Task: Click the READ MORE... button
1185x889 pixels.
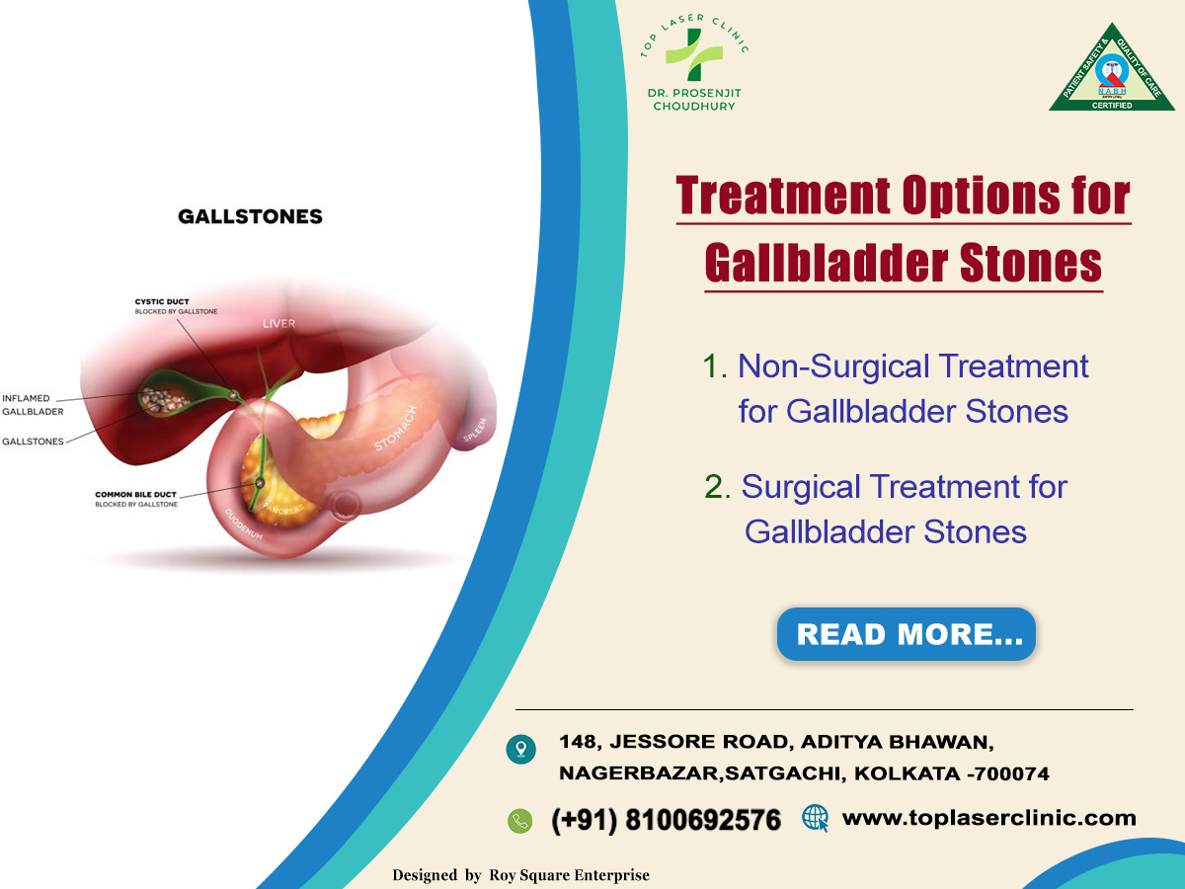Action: [x=907, y=634]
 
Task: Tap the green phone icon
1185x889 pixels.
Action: [x=519, y=820]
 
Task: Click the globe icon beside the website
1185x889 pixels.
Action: [x=815, y=818]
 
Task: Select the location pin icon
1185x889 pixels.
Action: [x=520, y=749]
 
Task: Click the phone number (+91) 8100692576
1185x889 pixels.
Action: [x=666, y=820]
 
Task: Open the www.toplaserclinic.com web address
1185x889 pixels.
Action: [x=987, y=818]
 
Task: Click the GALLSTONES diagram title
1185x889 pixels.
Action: [x=250, y=216]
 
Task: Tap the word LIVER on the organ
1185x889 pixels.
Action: [x=278, y=324]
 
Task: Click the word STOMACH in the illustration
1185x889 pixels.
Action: [x=396, y=429]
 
